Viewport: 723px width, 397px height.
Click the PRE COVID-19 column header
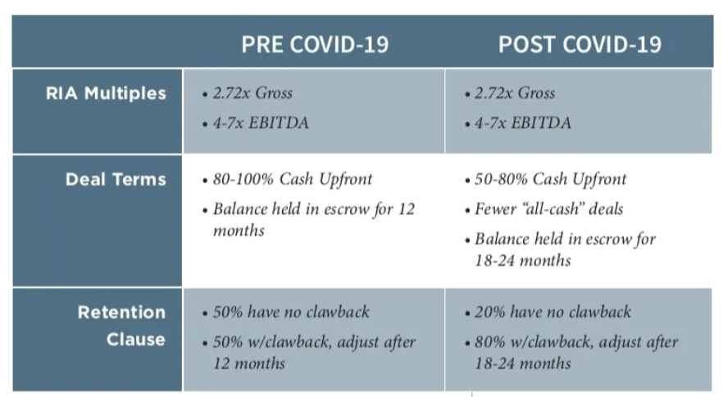click(x=315, y=44)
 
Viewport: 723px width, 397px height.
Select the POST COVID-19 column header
click(x=580, y=44)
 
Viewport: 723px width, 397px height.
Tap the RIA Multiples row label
click(x=106, y=94)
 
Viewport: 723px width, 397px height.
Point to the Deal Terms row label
click(x=116, y=179)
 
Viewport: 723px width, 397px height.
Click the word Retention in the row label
click(x=121, y=313)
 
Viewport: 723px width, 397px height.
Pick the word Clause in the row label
click(x=136, y=340)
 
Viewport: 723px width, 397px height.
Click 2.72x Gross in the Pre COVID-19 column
click(x=252, y=93)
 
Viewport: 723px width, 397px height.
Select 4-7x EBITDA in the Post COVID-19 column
click(x=523, y=123)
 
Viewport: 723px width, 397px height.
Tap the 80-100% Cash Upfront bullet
click(x=293, y=179)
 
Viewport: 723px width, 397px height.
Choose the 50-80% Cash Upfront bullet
click(x=551, y=179)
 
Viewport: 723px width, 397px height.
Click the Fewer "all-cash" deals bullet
click(x=548, y=209)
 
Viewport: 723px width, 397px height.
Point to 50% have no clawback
click(x=291, y=312)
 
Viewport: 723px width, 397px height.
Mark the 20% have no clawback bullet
click(x=552, y=312)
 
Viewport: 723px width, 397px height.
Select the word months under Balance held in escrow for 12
click(x=239, y=230)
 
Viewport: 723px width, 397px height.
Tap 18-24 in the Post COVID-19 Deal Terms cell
click(x=494, y=260)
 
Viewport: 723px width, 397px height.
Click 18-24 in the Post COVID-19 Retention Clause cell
click(x=494, y=363)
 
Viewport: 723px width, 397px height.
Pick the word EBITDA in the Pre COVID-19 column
click(x=279, y=123)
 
